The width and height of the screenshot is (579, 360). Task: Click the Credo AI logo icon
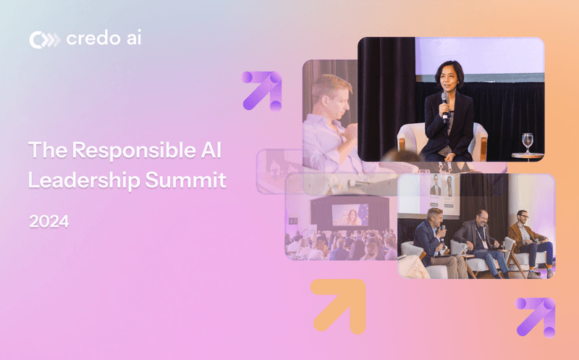(44, 40)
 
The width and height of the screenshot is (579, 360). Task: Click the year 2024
(49, 222)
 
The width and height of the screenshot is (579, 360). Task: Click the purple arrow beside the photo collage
(262, 91)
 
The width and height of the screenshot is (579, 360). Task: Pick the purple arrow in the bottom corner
(536, 317)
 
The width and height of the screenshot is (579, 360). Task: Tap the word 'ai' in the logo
(132, 39)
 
